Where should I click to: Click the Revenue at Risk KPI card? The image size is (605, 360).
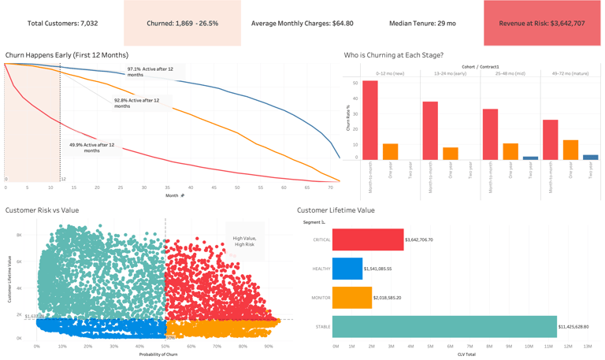(542, 24)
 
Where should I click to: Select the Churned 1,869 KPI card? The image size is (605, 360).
(183, 24)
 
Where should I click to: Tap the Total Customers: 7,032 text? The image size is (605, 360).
(63, 24)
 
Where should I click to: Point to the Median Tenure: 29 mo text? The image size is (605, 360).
(422, 24)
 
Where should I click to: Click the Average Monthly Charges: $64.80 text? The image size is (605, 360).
(302, 24)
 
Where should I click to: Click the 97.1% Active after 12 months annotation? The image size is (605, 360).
(150, 72)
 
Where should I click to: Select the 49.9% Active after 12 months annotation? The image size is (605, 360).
(91, 147)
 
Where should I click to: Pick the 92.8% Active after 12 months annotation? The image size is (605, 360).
(136, 103)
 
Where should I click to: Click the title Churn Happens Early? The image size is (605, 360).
(66, 55)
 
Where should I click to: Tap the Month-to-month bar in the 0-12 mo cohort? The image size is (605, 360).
(369, 121)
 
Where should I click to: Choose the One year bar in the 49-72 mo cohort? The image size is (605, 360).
(570, 150)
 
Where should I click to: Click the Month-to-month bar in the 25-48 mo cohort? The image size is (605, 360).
(490, 134)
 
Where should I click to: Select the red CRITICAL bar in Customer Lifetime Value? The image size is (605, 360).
(368, 239)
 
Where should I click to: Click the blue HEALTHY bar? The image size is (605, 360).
(347, 269)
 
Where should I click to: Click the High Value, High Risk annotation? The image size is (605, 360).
(243, 241)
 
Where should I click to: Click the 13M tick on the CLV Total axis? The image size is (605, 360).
(587, 346)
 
